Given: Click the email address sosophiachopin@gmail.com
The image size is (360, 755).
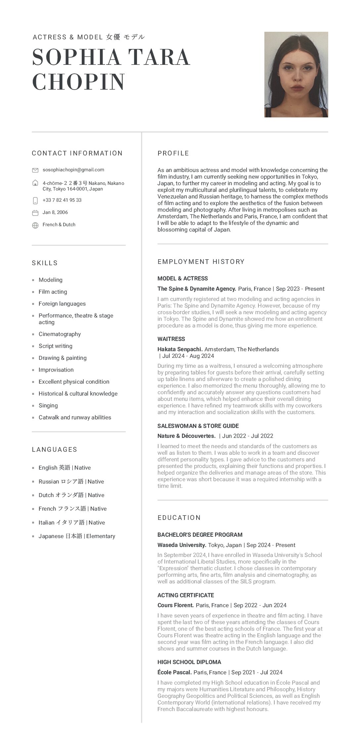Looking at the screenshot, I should (x=73, y=170).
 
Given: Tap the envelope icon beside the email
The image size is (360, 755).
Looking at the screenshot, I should (x=35, y=170).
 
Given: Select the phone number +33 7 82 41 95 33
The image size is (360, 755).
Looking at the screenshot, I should (x=62, y=200).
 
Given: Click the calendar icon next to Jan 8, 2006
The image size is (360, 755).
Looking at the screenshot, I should (x=35, y=213).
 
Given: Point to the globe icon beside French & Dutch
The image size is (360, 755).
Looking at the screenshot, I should (x=35, y=225).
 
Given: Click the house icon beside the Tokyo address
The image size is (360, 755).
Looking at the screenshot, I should (x=35, y=183).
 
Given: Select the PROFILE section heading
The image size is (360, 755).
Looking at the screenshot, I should (x=173, y=153).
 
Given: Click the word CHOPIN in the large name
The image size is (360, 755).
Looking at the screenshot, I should (x=79, y=82).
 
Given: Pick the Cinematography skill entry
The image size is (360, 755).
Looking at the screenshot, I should (x=60, y=334).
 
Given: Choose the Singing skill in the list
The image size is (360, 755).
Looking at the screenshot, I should (x=48, y=405).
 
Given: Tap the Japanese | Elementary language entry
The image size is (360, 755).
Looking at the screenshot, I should (x=77, y=536).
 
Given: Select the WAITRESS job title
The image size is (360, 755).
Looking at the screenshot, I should (x=171, y=339).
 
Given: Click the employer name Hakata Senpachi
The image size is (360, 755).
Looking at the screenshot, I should (x=180, y=349).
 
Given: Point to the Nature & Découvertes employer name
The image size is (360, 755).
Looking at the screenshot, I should (x=186, y=436).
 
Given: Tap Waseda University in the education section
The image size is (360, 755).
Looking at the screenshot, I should (x=182, y=545).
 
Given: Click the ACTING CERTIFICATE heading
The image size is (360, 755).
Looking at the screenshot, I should (x=186, y=595).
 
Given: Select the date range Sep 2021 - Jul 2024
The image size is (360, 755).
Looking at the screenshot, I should (x=257, y=672).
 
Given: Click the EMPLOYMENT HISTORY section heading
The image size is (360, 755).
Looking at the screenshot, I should (x=201, y=262).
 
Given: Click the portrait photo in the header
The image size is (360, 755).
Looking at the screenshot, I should (x=296, y=74).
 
